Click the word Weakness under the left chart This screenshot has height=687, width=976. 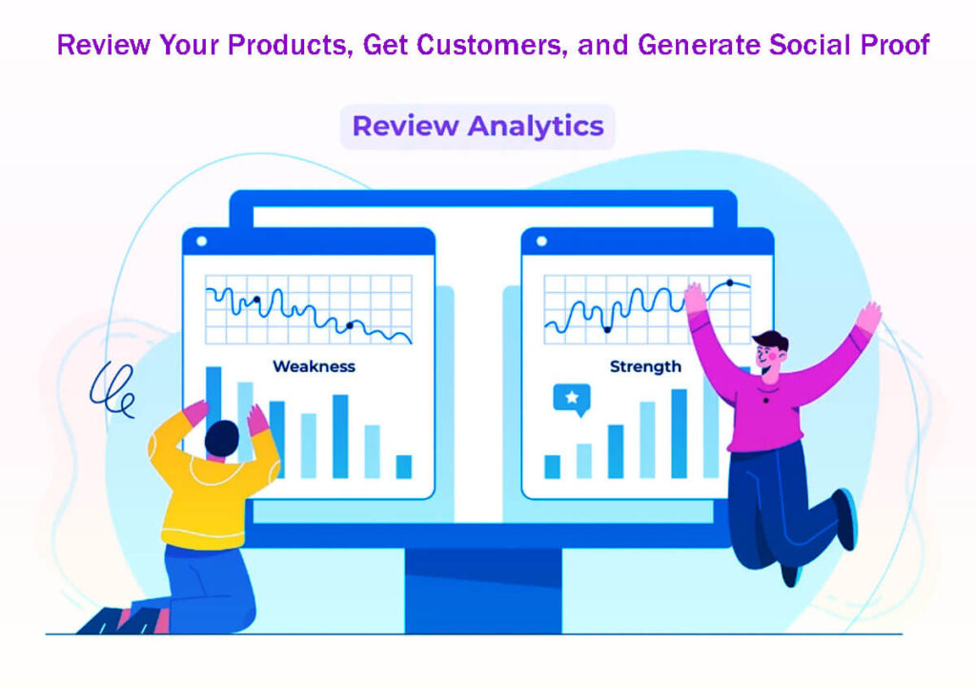point(314,366)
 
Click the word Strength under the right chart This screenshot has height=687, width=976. point(645,366)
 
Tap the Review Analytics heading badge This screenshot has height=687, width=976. point(478,126)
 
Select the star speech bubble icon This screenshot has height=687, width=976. point(571,398)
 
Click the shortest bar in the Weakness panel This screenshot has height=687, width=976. point(403,466)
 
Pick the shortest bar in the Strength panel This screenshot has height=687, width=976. point(552,466)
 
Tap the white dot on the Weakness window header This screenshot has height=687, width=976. point(201,241)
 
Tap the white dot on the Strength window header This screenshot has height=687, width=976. point(541,241)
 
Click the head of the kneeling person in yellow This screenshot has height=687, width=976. point(222,438)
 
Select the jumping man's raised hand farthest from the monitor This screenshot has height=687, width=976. point(868,317)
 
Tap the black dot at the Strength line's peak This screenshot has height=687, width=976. point(730,282)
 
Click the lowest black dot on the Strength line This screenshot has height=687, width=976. point(606,329)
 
